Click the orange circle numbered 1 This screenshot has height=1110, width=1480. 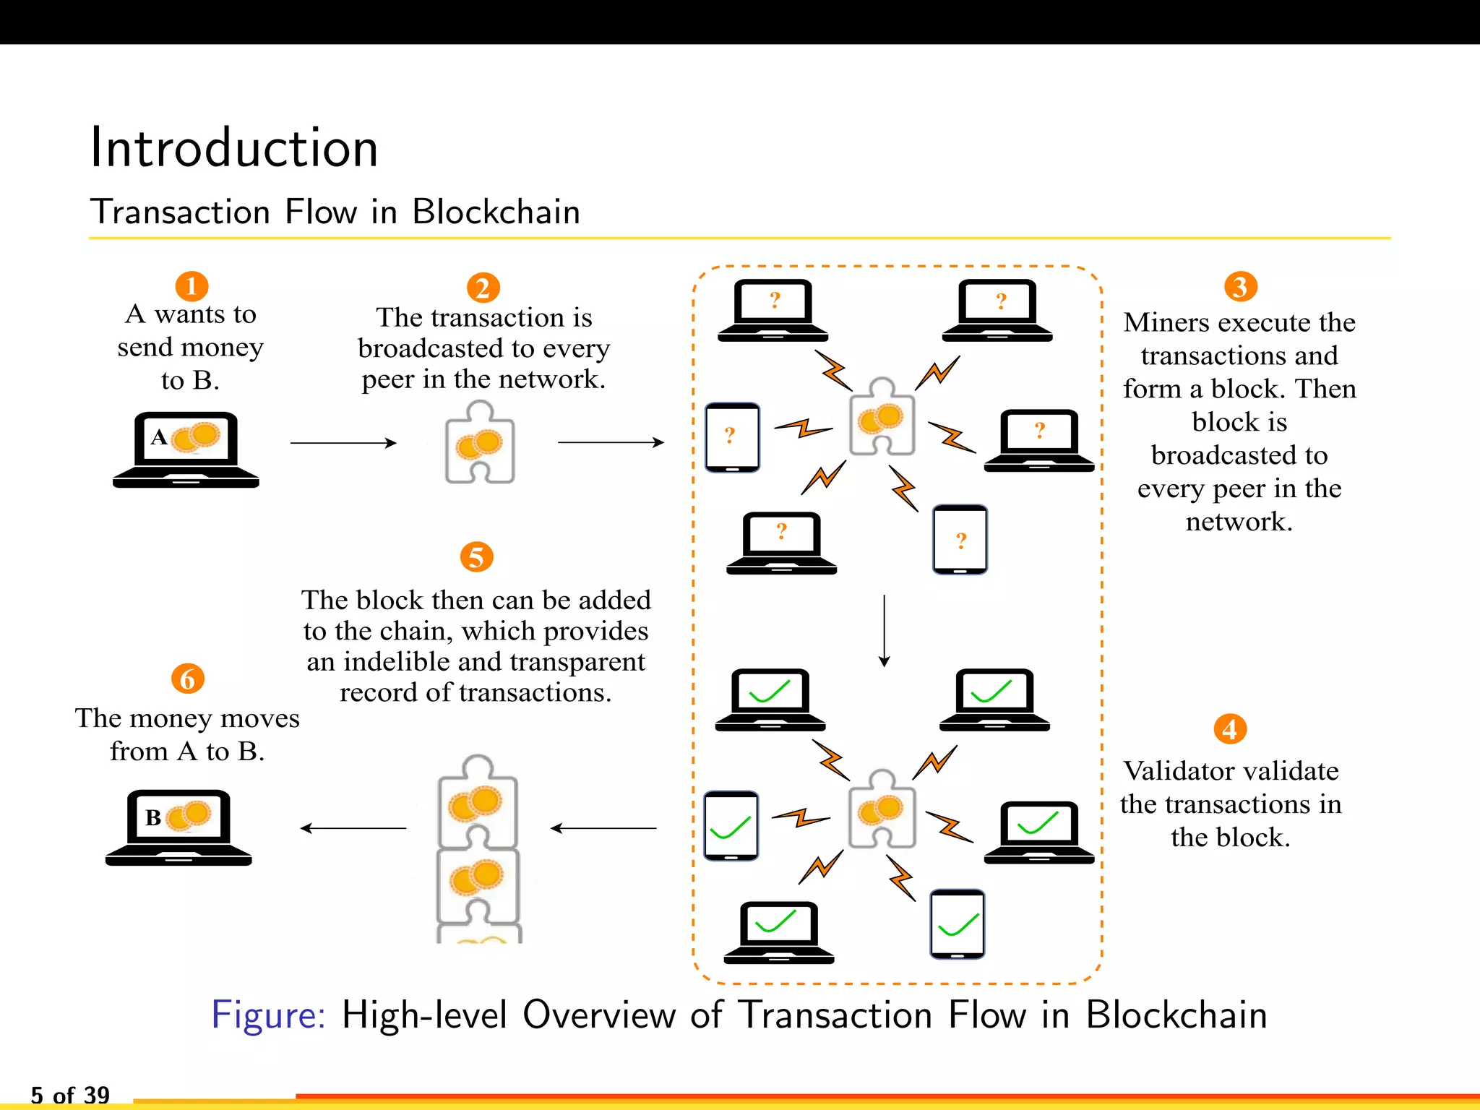[192, 287]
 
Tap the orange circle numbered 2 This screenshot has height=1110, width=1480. [483, 288]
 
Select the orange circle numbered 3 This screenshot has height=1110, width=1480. [1240, 287]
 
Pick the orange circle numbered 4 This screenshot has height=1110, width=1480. [1230, 729]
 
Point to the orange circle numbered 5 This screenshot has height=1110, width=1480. [476, 557]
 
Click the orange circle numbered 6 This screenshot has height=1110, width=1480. [187, 679]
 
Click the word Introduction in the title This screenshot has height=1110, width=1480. [233, 148]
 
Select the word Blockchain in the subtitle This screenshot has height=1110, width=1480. [496, 212]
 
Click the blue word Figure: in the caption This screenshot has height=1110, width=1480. [268, 1015]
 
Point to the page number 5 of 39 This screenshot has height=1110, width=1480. [70, 1095]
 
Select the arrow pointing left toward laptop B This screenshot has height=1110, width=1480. [353, 828]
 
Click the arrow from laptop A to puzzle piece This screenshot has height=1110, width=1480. [343, 443]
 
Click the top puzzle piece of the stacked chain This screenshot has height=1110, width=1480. [478, 801]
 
